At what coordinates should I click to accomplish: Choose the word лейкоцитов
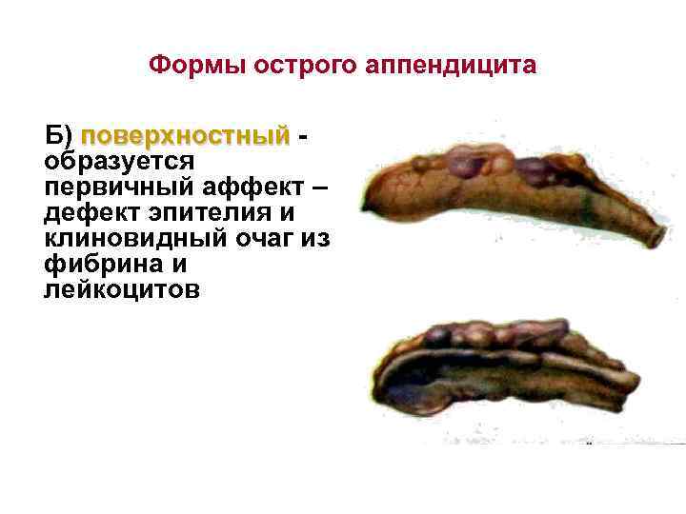point(122,289)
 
